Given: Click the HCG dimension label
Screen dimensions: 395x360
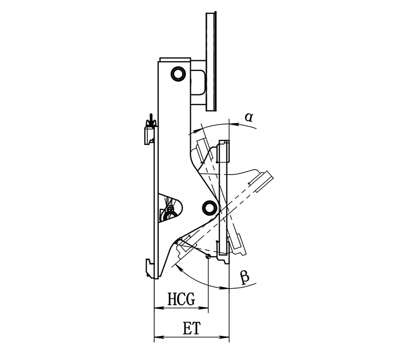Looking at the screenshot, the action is pyautogui.click(x=181, y=299).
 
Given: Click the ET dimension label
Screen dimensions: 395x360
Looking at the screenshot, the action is pyautogui.click(x=191, y=328).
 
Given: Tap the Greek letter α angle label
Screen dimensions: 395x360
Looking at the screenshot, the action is pyautogui.click(x=249, y=117).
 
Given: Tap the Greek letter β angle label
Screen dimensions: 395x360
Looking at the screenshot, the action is pyautogui.click(x=244, y=277).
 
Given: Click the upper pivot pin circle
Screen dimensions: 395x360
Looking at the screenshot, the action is pyautogui.click(x=178, y=74).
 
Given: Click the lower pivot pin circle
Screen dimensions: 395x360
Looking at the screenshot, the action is pyautogui.click(x=209, y=208).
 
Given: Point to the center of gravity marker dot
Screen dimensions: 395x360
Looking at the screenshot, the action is pyautogui.click(x=208, y=256).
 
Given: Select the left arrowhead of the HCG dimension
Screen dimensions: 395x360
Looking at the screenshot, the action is pyautogui.click(x=159, y=308).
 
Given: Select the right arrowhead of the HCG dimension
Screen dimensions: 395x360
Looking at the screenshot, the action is pyautogui.click(x=204, y=308).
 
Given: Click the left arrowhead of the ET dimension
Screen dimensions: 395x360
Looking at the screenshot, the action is pyautogui.click(x=159, y=337).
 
